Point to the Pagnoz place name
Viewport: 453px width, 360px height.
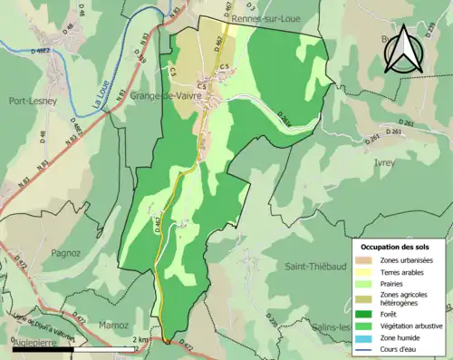coord(67,253)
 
